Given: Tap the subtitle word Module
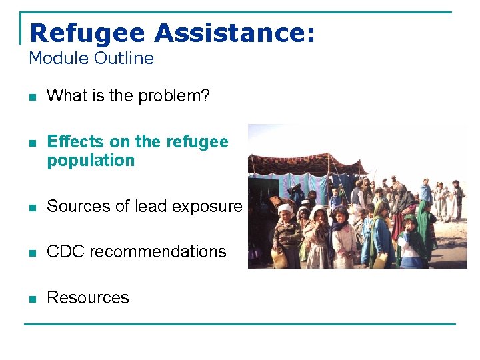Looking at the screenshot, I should [x=58, y=59].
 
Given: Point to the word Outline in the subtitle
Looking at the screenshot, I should [x=123, y=59].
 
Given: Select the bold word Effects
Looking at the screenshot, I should [x=75, y=142].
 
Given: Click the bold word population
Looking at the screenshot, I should [x=91, y=161].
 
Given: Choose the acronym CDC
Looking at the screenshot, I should [x=65, y=252].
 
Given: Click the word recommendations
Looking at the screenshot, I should [x=157, y=252].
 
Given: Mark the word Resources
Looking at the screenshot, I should [x=87, y=297].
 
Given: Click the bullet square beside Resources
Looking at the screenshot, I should [x=31, y=298].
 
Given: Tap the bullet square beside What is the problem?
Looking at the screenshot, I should [x=31, y=97].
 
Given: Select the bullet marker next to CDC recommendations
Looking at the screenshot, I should [x=31, y=253].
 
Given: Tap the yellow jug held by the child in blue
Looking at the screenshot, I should [x=380, y=260].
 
